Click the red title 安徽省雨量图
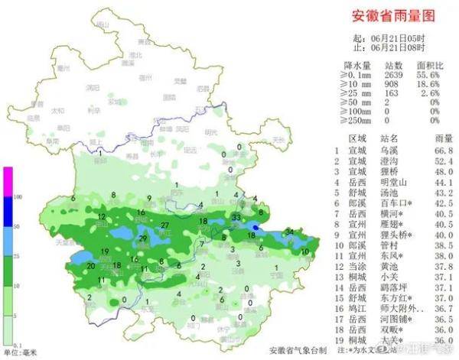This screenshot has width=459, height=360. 392,15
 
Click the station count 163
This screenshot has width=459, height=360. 395,92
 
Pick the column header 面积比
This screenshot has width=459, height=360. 428,65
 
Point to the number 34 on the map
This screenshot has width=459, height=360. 289,232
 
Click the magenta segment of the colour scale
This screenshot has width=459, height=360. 8,182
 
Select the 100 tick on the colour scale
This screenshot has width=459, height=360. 17,197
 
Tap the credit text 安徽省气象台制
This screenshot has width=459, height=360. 298,350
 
